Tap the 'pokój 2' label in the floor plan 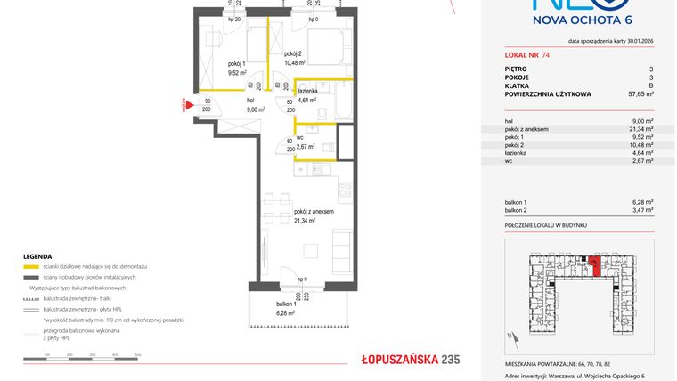pyautogui.click(x=294, y=53)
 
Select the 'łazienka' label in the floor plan pyautogui.click(x=309, y=91)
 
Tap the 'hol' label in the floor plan pyautogui.click(x=251, y=101)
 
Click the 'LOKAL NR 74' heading pyautogui.click(x=527, y=55)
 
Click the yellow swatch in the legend pyautogui.click(x=31, y=267)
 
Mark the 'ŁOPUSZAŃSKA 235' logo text pyautogui.click(x=396, y=359)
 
